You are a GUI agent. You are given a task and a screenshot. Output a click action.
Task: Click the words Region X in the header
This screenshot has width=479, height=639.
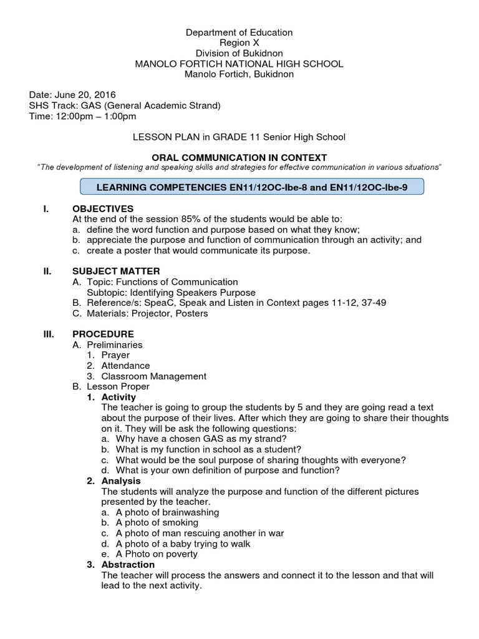pos(239,42)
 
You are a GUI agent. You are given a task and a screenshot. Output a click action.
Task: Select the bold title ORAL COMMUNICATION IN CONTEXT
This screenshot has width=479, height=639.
pos(239,158)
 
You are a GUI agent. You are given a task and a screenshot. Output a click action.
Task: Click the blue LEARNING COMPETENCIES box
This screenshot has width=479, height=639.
pos(253,187)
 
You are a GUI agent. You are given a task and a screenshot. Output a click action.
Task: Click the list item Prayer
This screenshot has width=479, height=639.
pos(115,355)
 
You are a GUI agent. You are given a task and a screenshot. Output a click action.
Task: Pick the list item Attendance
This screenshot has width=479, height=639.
pos(125,366)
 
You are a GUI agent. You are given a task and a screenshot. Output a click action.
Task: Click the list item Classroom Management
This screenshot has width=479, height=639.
pos(153,376)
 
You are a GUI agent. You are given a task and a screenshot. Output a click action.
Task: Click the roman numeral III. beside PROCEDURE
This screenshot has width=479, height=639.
pos(49,334)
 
